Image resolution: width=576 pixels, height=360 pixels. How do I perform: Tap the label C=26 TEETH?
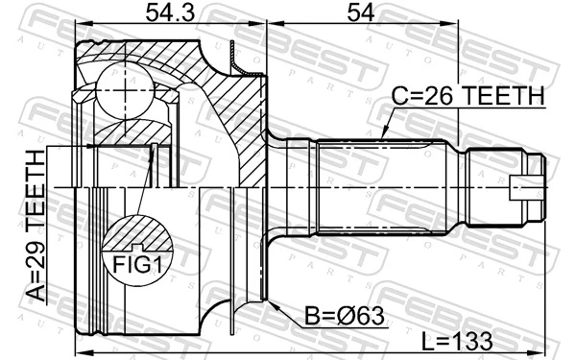468,97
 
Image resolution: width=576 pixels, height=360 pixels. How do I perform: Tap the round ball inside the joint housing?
125,91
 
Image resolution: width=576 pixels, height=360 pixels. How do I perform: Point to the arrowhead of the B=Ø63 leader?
273,304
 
